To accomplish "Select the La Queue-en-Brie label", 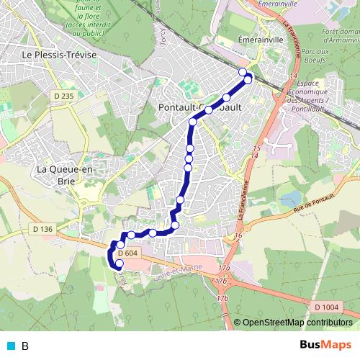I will [64, 174].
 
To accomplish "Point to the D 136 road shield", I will [43, 229].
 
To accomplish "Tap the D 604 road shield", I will [126, 253].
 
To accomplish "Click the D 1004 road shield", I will [326, 307].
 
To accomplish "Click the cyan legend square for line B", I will [11, 346].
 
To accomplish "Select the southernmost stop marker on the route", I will [120, 264].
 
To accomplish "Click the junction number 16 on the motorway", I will [238, 236].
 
